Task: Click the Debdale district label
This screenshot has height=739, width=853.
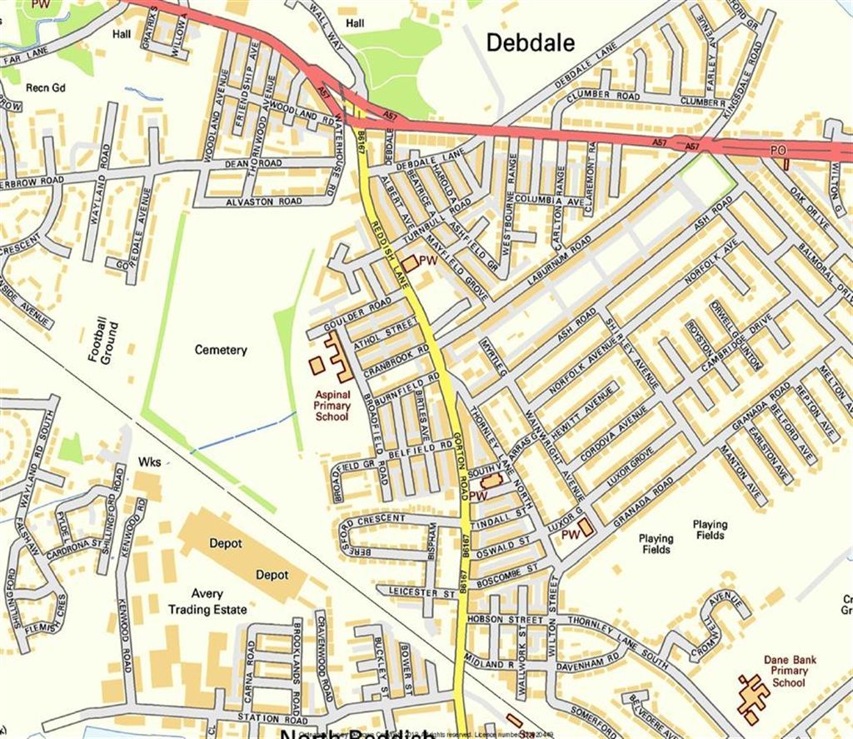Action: point(530,42)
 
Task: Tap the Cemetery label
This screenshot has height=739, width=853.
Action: point(221,350)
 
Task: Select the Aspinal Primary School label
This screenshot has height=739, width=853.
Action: point(332,405)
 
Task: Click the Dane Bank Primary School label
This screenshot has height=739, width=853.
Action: point(791,672)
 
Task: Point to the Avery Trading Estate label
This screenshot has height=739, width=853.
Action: point(207,602)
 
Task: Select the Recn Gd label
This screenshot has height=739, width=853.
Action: point(45,87)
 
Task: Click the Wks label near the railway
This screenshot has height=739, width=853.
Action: point(150,461)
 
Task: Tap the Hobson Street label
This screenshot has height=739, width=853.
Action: point(505,620)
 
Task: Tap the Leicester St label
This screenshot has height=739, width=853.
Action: point(426,593)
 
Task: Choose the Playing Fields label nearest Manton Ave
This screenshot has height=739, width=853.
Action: point(710,530)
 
